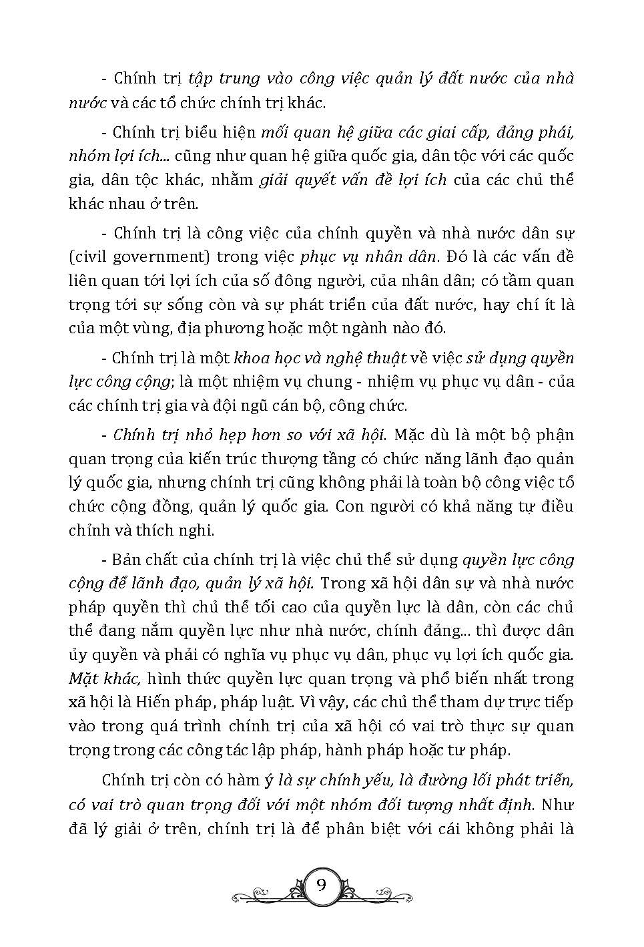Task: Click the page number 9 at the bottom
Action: [x=321, y=886]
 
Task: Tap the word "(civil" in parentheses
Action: [x=85, y=257]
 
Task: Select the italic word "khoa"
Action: [x=250, y=358]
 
